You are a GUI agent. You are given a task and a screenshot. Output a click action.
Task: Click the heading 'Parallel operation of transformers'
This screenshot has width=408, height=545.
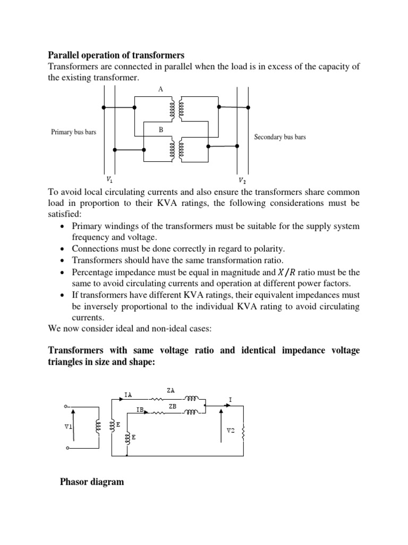point(116,55)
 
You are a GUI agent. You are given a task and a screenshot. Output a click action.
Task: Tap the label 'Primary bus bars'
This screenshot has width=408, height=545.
point(73,132)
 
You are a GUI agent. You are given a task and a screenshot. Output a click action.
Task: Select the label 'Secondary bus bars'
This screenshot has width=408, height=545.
point(280,137)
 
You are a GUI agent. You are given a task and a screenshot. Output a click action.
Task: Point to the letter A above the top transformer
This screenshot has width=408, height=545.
point(160,89)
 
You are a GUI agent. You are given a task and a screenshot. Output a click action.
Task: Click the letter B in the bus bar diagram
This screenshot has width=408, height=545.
point(160,129)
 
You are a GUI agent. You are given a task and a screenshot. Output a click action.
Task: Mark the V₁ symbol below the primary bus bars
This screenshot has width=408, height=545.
point(109,179)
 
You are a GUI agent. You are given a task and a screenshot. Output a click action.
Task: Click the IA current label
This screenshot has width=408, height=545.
point(128,394)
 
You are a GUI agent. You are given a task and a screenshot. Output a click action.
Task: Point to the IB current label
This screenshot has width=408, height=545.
point(140,410)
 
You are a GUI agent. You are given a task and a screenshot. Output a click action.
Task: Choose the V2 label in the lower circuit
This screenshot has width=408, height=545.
point(230,430)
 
